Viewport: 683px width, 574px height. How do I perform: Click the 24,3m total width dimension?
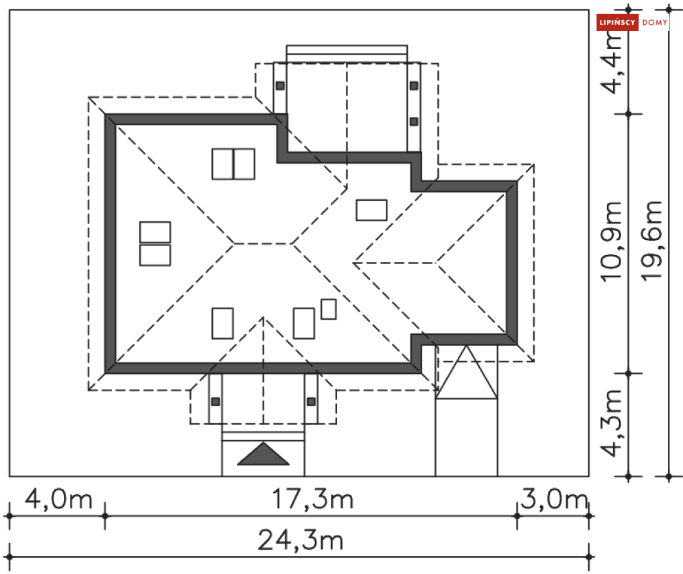point(300,541)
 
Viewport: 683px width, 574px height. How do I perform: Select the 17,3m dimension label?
point(312,499)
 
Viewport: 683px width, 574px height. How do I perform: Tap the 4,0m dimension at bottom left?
point(58,499)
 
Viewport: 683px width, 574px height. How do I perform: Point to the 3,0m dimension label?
point(554,499)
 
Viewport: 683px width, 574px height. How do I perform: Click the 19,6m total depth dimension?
point(651,241)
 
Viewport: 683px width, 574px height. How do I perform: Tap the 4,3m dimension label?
point(611,423)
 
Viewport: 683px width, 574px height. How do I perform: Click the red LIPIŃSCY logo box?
point(617,22)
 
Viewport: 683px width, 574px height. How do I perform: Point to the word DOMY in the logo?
point(655,22)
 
